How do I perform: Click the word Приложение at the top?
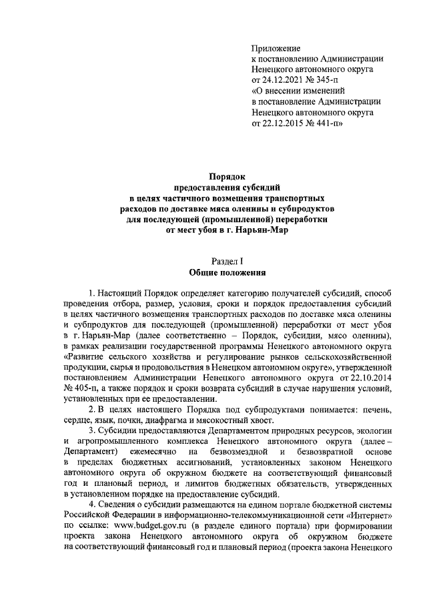point(276,48)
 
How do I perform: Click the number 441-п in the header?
point(332,123)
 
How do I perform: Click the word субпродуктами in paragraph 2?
point(248,410)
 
